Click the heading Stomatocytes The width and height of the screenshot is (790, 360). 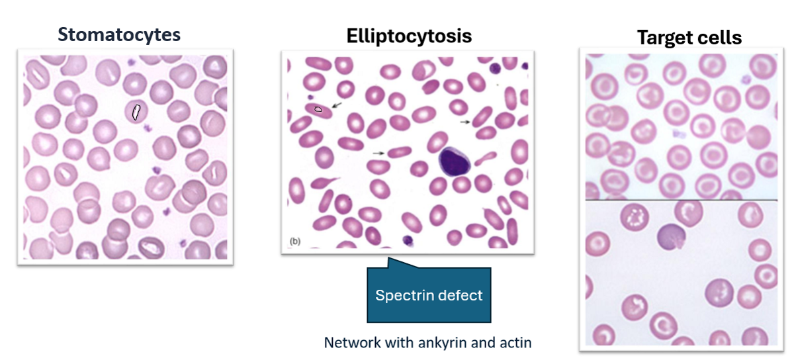[x=118, y=34]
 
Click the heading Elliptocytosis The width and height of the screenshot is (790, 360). [x=409, y=36]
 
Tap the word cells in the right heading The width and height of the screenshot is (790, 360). [x=719, y=38]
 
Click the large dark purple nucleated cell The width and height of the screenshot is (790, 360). [x=453, y=161]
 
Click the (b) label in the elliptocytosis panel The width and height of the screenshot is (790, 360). [x=294, y=242]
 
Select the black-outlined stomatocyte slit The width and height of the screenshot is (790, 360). [x=136, y=112]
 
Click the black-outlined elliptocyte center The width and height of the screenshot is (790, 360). [x=318, y=109]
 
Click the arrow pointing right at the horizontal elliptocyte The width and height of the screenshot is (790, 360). [x=378, y=153]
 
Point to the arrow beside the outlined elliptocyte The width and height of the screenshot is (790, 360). [x=337, y=105]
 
